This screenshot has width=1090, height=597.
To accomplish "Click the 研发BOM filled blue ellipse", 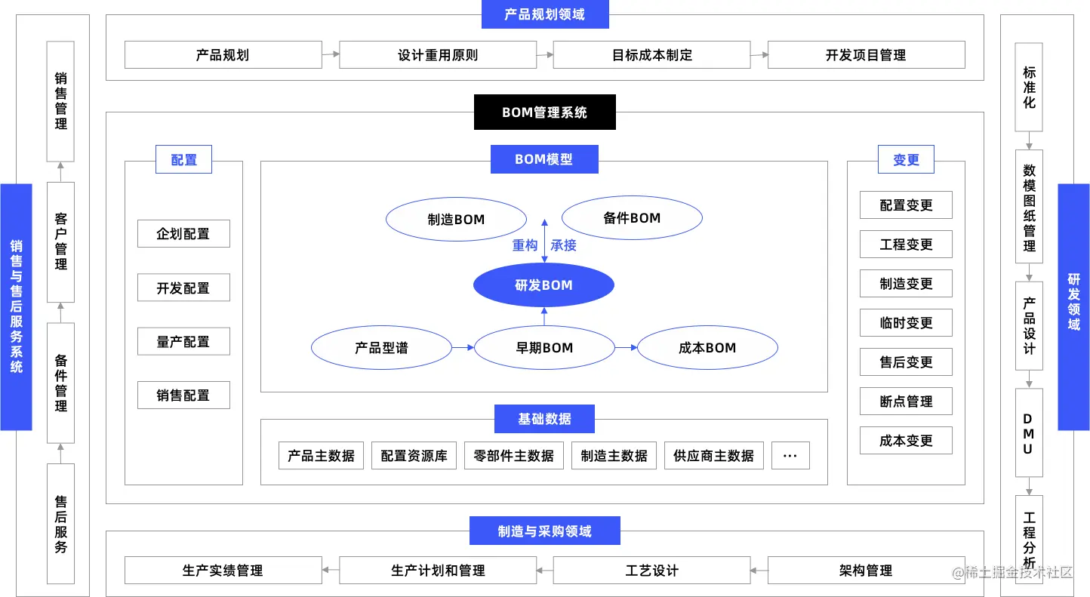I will tap(543, 285).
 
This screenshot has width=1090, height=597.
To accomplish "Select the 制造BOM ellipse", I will tap(456, 220).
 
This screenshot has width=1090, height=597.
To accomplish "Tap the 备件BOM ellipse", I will tap(632, 218).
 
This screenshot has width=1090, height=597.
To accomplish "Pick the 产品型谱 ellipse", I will tap(381, 348).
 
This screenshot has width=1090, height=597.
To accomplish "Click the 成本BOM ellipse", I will tap(707, 348).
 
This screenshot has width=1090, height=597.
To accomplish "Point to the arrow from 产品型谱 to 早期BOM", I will tap(462, 348).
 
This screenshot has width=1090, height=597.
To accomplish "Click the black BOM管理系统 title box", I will tap(544, 112).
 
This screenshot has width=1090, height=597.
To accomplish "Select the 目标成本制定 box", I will tap(651, 55).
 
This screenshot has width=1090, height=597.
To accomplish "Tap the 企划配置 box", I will tap(183, 234).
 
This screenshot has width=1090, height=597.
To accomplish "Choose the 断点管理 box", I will tap(906, 402).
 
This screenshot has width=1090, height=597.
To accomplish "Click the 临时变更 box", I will tap(906, 323).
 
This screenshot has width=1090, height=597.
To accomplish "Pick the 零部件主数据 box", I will tap(513, 456).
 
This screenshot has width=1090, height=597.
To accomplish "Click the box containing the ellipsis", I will tap(790, 456).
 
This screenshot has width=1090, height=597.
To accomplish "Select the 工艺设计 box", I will tap(651, 571).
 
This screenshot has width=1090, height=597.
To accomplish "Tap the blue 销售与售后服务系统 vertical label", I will tap(16, 306).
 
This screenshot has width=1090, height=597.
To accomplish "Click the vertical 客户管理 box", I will tap(61, 242).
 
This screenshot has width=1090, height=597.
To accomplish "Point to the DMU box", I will tap(1029, 432).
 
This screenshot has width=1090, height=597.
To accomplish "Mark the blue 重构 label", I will tap(525, 245).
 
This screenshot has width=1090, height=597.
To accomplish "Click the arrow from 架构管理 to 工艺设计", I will tap(759, 571).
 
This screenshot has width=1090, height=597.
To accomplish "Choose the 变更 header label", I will tap(906, 160).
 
